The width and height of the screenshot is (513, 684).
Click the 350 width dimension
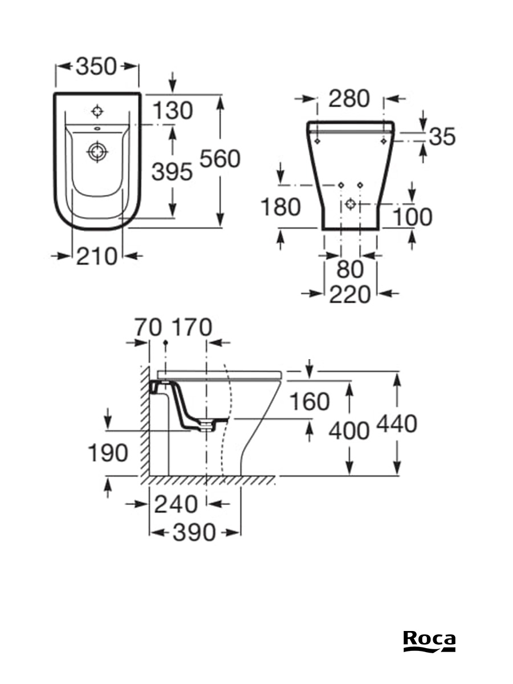click(x=96, y=67)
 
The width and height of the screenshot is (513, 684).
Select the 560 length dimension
click(x=219, y=159)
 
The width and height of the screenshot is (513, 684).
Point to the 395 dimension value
click(x=172, y=172)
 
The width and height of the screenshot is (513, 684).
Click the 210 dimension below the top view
click(x=96, y=256)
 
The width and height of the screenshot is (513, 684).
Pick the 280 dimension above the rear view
click(x=349, y=99)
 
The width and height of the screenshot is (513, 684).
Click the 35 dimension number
click(x=442, y=136)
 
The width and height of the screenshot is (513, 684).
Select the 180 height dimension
click(x=280, y=207)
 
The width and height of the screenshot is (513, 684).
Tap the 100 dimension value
click(x=412, y=217)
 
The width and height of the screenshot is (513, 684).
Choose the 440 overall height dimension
click(x=397, y=424)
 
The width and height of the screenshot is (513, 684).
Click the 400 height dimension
click(x=349, y=431)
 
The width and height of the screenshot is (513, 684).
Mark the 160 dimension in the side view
click(x=310, y=402)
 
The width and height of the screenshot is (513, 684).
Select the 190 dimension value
click(x=108, y=453)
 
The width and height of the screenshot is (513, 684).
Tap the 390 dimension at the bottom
click(x=195, y=532)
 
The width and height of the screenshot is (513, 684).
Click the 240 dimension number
click(x=177, y=504)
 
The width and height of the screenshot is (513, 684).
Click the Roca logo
click(x=429, y=641)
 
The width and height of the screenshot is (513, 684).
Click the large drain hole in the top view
click(x=97, y=152)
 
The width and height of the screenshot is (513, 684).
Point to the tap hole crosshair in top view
click(x=97, y=110)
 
